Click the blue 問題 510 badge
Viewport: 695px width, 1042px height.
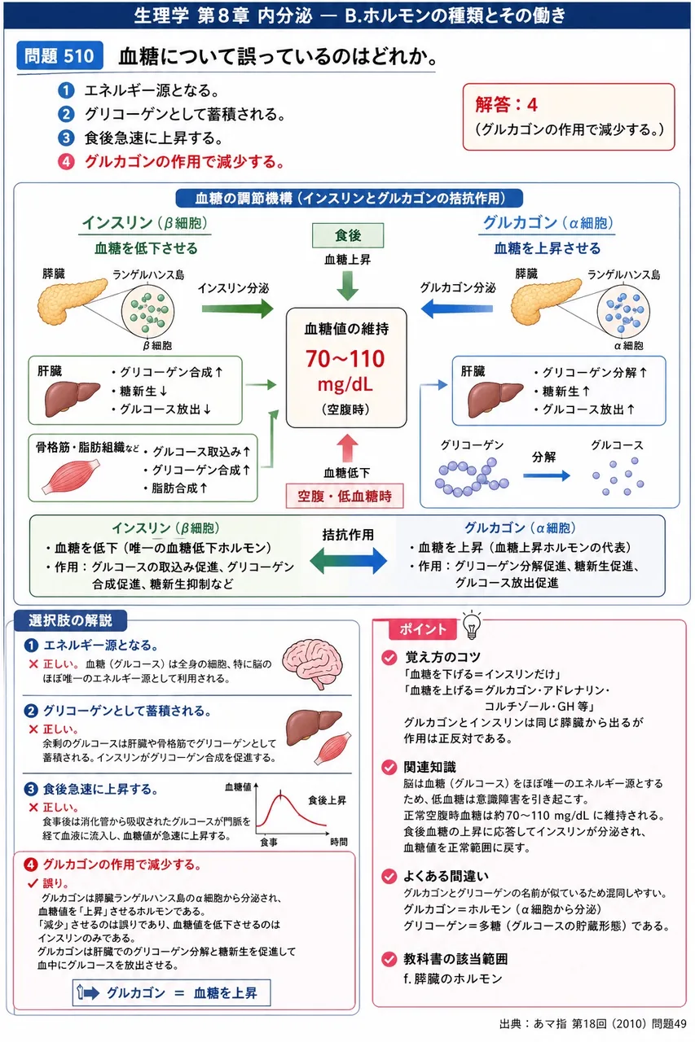59,56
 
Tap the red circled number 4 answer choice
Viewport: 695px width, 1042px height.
66,162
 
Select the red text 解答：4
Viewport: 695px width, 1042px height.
506,105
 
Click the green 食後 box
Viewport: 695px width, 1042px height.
348,235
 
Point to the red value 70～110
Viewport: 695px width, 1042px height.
345,359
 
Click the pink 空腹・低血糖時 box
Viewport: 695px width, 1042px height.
345,496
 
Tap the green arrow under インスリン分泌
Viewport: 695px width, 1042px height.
237,309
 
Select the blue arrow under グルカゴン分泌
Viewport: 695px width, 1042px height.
456,308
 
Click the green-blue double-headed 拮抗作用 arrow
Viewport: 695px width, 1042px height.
348,561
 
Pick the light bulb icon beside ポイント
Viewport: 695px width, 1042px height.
472,624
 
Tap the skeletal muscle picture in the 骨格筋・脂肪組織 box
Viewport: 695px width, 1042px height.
71,476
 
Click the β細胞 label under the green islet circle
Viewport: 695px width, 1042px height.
157,345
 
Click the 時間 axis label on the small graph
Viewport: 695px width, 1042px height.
338,842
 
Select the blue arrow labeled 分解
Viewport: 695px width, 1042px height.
547,475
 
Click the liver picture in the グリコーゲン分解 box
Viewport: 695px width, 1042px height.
495,399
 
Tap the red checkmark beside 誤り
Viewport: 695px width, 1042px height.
33,882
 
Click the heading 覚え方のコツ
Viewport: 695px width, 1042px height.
442,657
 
